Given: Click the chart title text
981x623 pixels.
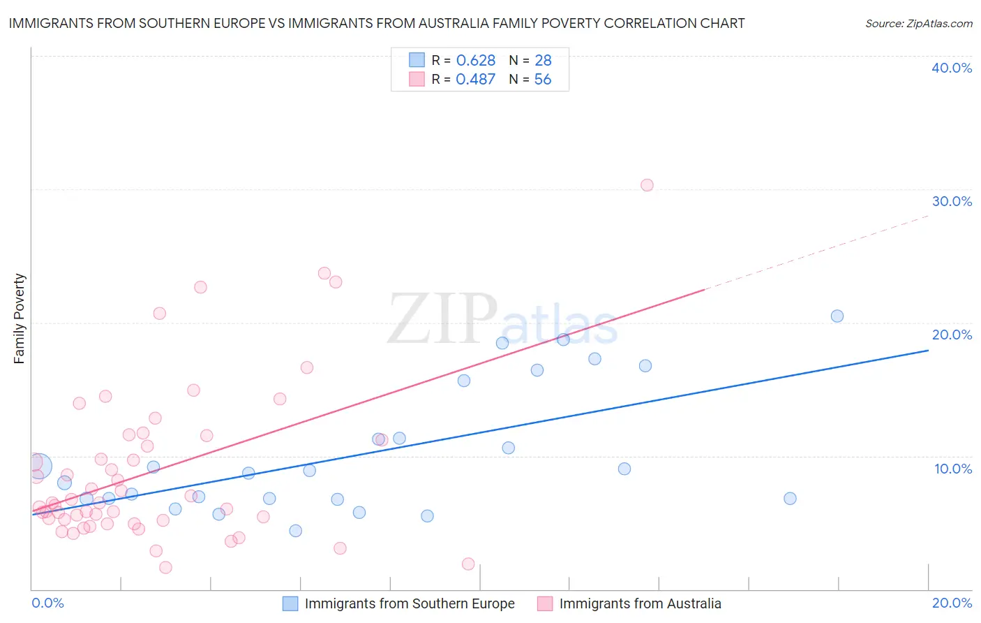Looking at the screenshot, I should point(377,23).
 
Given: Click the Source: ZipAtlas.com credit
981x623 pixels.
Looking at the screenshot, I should point(918,23).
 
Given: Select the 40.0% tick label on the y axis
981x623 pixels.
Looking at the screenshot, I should point(951,68).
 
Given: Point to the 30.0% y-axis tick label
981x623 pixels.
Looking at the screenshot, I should point(951,201).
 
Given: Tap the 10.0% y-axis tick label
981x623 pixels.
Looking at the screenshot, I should point(952,469).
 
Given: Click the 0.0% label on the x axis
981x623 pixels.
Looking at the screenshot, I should point(47,603).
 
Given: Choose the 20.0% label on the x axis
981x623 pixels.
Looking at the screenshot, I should point(952,603).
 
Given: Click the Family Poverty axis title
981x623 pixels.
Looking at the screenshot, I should point(20,318).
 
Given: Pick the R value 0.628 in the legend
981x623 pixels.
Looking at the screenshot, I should point(475,61).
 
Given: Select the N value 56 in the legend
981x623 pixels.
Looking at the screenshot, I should point(542,80).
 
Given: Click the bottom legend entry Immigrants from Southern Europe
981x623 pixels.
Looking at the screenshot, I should point(409,603).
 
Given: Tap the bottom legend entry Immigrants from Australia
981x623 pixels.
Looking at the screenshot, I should point(639,603).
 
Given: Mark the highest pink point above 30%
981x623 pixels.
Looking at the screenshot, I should point(647,185).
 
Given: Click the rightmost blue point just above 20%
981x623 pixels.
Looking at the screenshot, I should point(837,316).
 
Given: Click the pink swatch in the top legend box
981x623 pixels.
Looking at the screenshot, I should point(417,79).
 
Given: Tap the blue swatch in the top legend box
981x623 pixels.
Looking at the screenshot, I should point(417,60).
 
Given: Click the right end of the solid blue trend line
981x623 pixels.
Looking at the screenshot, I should point(927,351).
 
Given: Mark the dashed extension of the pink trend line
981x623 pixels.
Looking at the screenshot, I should point(816,252).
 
